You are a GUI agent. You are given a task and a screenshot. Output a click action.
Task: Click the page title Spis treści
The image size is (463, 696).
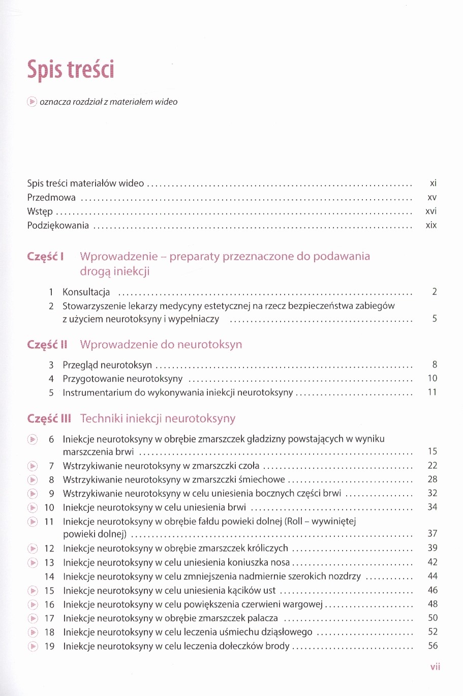click(x=71, y=70)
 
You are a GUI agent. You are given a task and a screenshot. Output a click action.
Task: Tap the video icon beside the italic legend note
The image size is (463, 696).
click(x=32, y=102)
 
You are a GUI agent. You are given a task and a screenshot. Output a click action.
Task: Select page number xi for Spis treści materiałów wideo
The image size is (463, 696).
click(x=433, y=183)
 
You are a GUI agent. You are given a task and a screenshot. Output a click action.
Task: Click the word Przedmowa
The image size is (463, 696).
click(x=51, y=197)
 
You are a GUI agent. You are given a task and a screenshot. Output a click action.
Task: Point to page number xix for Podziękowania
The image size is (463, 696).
click(x=431, y=225)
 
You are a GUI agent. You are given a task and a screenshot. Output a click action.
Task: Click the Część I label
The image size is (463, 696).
click(x=45, y=257)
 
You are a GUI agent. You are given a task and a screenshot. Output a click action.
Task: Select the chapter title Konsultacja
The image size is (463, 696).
click(x=86, y=292)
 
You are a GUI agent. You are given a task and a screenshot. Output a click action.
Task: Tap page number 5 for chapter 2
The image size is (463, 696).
click(x=435, y=319)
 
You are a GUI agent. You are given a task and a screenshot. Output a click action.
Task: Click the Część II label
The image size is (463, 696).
click(x=47, y=345)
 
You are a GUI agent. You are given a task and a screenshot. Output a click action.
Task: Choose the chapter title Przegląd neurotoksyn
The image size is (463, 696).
click(x=107, y=365)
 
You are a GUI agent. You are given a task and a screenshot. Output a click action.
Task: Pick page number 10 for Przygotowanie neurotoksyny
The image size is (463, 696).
click(x=433, y=378)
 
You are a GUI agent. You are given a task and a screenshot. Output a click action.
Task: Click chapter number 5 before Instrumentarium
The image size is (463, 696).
click(x=51, y=392)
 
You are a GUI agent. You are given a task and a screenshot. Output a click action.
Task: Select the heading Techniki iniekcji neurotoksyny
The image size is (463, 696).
click(x=158, y=418)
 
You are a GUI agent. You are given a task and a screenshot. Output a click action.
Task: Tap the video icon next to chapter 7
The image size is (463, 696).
click(x=33, y=466)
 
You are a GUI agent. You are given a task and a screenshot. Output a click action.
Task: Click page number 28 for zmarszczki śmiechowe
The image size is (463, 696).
click(x=433, y=479)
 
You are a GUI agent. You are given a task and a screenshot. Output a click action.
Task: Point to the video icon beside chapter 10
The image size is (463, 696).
click(x=33, y=507)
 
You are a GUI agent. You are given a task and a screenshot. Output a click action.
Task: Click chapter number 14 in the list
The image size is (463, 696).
click(x=49, y=577)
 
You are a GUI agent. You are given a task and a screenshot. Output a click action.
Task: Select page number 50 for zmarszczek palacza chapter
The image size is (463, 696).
click(x=433, y=618)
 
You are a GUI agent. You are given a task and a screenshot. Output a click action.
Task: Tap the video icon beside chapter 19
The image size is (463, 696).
click(x=33, y=646)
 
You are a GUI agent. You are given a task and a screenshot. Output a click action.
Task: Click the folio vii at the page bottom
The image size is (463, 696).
click(x=435, y=667)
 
